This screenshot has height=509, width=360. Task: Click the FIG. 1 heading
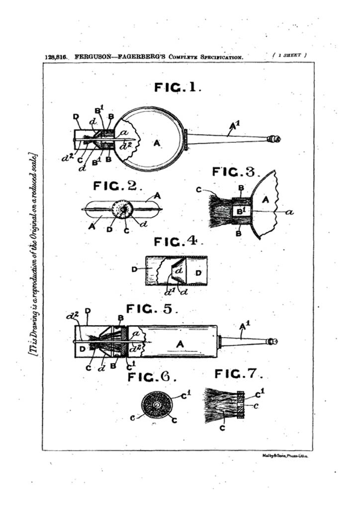click(178, 87)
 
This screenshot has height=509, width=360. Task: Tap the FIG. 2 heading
click(118, 187)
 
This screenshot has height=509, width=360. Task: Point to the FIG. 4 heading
click(176, 242)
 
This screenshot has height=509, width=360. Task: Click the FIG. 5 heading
click(152, 309)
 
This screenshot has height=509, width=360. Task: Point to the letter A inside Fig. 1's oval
click(157, 143)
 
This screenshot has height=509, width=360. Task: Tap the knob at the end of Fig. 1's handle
click(274, 139)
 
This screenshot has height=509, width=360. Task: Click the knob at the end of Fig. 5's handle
click(272, 341)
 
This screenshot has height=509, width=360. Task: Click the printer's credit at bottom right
click(285, 455)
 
